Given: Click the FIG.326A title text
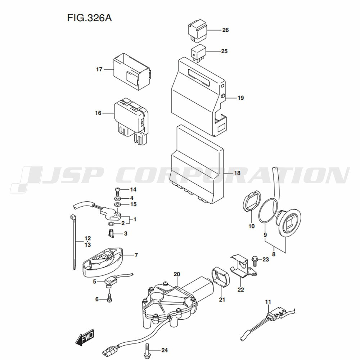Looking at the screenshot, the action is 89,18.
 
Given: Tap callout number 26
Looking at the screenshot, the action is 225,30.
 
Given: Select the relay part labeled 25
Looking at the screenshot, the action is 198,53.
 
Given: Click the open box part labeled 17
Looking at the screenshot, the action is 132,72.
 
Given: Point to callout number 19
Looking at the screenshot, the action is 240,98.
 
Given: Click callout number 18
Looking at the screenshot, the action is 237,173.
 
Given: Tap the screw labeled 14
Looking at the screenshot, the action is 118,192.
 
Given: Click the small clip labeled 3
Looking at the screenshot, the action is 111,234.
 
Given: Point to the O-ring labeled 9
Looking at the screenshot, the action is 268,211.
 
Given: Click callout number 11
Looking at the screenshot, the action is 268,302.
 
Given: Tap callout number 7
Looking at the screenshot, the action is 136,255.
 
